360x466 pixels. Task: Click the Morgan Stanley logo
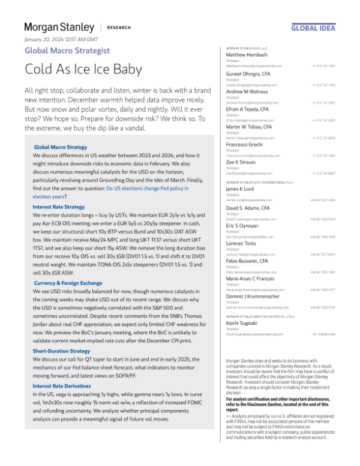(x=59, y=28)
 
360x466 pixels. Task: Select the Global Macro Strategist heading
(x=67, y=50)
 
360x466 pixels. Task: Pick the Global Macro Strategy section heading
(x=60, y=147)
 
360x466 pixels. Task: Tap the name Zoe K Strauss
(x=241, y=162)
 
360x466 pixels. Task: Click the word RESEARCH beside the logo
(x=120, y=28)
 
